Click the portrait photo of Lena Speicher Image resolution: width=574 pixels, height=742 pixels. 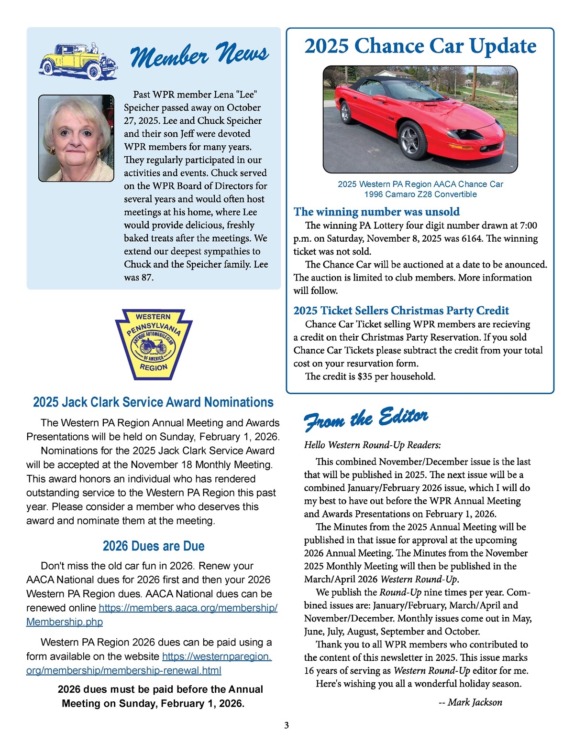[76, 138]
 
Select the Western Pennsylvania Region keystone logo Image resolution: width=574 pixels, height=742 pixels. [154, 343]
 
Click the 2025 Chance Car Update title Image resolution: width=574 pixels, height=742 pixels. [420, 46]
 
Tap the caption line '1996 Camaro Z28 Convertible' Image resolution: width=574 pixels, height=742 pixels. [420, 194]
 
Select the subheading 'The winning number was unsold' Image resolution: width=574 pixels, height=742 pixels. [376, 212]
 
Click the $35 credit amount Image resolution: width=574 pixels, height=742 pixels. [364, 376]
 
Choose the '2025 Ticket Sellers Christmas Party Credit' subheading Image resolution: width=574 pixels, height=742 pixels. [401, 311]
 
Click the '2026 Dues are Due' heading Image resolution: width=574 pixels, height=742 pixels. [154, 546]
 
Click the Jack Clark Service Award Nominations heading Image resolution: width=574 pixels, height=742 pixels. [153, 402]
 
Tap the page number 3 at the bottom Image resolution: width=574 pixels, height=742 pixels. [287, 725]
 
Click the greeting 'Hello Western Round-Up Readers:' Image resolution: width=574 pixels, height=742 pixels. [372, 445]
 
